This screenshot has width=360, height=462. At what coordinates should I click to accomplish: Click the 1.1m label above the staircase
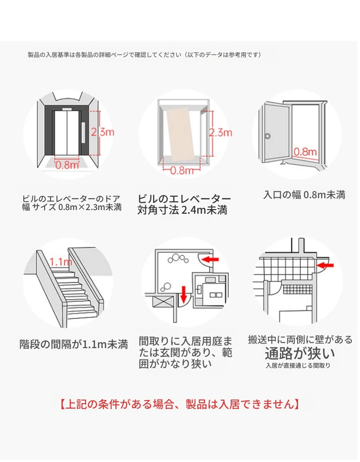[x=61, y=262]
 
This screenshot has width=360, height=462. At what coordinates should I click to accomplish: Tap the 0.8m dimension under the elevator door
[x=67, y=165]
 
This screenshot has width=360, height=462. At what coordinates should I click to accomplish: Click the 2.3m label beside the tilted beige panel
[x=221, y=133]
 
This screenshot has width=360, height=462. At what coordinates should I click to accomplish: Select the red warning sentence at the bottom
[x=180, y=404]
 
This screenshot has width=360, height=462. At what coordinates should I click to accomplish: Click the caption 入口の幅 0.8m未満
[x=304, y=195]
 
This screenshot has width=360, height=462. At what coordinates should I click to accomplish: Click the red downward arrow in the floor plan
[x=184, y=294]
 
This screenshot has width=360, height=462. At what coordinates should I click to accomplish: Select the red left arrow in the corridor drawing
[x=324, y=264]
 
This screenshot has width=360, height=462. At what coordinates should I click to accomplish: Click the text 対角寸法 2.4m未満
[x=182, y=210]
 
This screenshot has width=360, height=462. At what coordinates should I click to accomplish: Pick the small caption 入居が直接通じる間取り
[x=298, y=365]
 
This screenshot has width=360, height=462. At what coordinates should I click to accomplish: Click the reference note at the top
[x=144, y=55]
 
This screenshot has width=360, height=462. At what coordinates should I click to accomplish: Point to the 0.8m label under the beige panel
[x=182, y=171]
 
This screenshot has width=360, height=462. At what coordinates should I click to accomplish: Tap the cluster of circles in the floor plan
[x=177, y=259]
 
